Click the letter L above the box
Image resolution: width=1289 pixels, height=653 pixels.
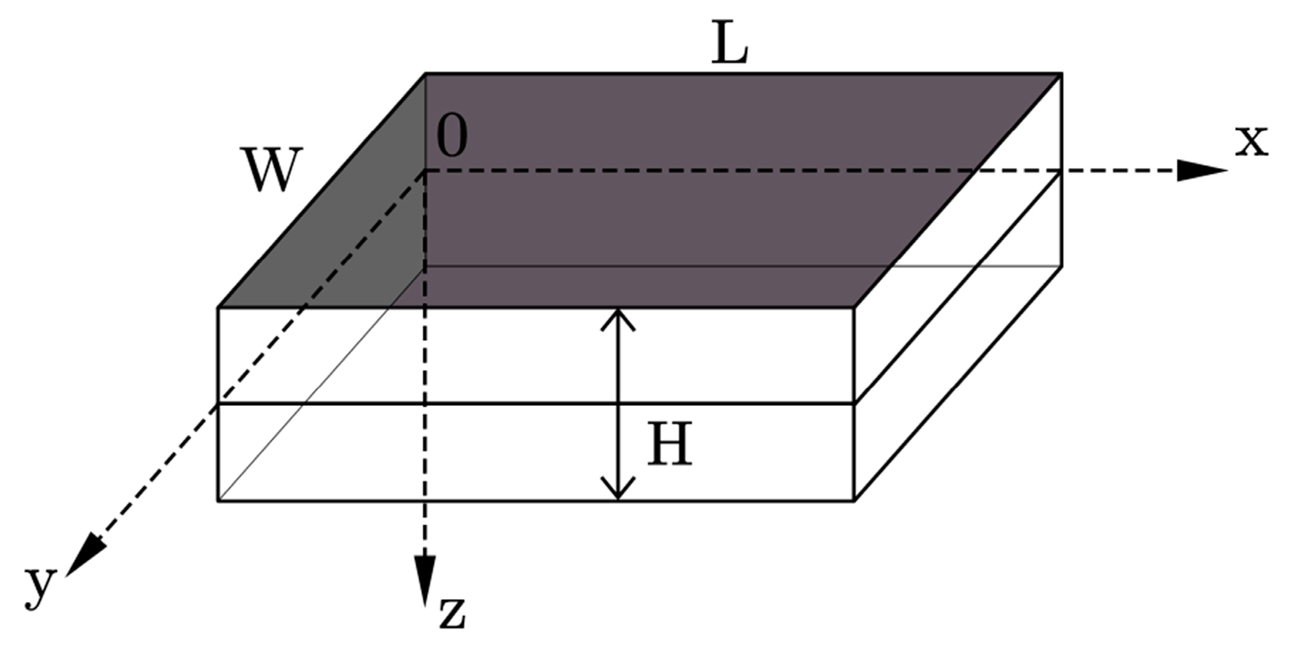(x=729, y=46)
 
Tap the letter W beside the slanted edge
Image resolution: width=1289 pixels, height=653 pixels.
(x=273, y=170)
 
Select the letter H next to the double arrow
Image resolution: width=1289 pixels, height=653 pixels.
(x=669, y=443)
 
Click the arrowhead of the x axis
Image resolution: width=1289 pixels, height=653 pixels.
(x=1201, y=170)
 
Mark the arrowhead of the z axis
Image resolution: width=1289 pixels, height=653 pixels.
(x=424, y=579)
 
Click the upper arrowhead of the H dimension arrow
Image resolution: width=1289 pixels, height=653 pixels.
(x=618, y=319)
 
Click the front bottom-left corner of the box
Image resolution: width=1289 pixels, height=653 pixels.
(x=219, y=501)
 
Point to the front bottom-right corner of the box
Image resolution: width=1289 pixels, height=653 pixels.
(x=854, y=501)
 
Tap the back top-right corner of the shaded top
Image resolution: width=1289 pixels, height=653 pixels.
(x=1061, y=74)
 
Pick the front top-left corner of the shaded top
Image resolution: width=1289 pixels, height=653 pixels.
(x=219, y=307)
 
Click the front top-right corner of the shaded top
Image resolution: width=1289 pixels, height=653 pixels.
(x=854, y=307)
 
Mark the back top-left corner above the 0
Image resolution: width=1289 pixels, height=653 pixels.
(x=425, y=74)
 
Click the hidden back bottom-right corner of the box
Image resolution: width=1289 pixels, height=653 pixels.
(x=1061, y=266)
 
